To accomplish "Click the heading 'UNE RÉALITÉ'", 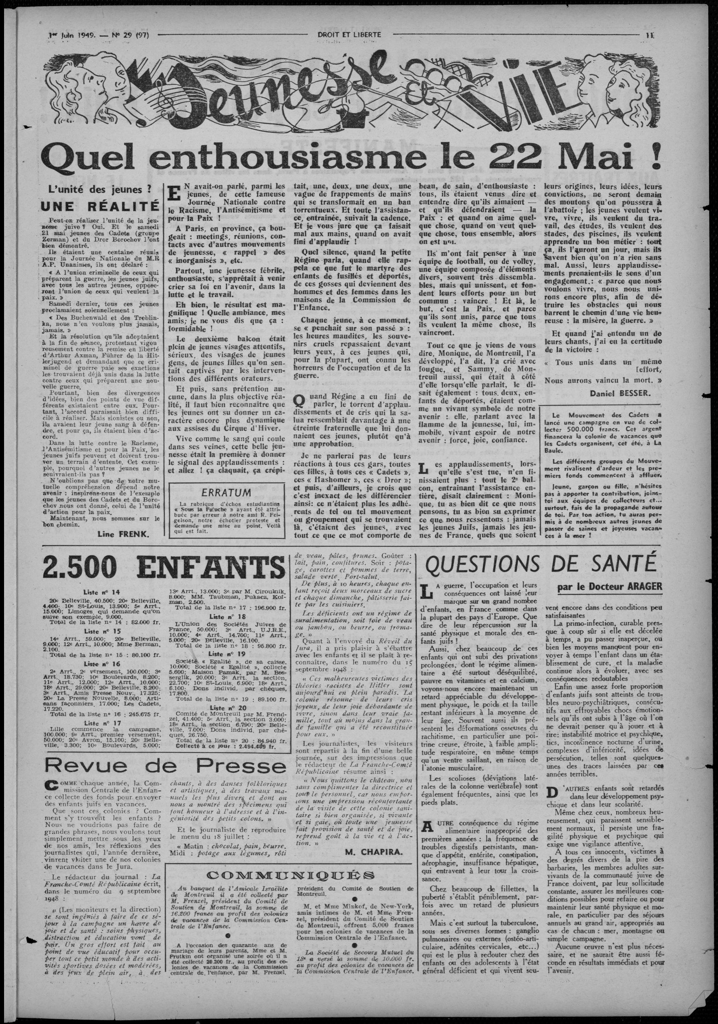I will tap(101, 206).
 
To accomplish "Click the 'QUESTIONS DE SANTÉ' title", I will tap(541, 567).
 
